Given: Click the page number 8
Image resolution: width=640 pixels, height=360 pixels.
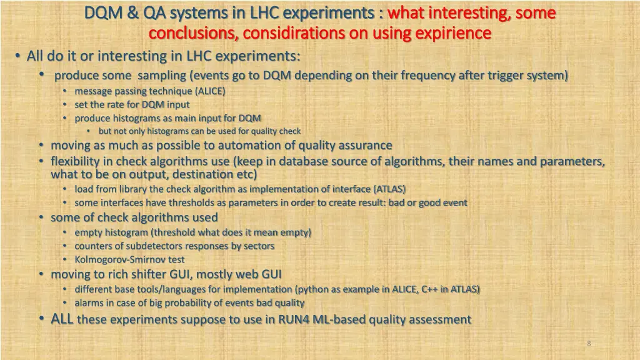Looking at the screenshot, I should click(589, 343).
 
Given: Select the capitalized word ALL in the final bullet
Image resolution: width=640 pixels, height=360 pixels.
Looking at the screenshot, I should click(62, 319).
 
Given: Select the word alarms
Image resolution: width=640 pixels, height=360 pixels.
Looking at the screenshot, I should click(89, 303).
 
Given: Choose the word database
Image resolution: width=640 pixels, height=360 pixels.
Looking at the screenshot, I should click(304, 161).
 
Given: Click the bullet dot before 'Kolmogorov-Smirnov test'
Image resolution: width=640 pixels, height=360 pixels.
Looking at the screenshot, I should click(65, 259).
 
